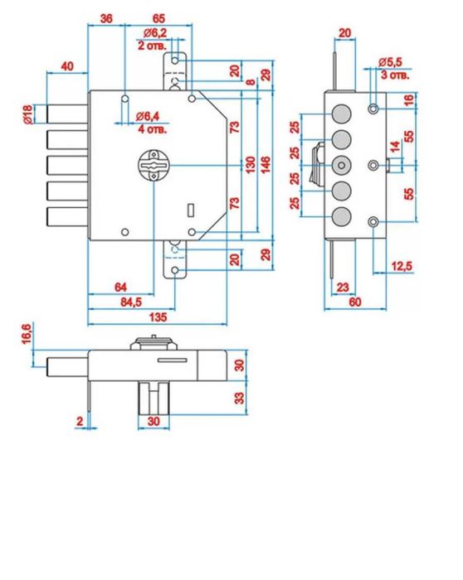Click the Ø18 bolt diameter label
tap(27, 114)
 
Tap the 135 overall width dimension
tap(158, 317)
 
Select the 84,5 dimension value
tap(131, 302)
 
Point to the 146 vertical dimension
tap(266, 165)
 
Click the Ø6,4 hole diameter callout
tap(148, 117)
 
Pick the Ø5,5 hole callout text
tap(390, 62)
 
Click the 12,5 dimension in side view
tap(402, 266)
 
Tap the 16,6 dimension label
tap(27, 334)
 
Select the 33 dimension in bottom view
tap(240, 398)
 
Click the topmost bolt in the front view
tap(67, 114)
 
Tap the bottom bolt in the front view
tap(67, 217)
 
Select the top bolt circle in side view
tap(341, 114)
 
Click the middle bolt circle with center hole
tap(341, 166)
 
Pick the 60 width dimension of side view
tap(355, 302)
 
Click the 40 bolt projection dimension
tap(67, 66)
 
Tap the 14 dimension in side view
tap(396, 147)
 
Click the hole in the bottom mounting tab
tap(175, 270)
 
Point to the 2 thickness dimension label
tap(80, 421)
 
